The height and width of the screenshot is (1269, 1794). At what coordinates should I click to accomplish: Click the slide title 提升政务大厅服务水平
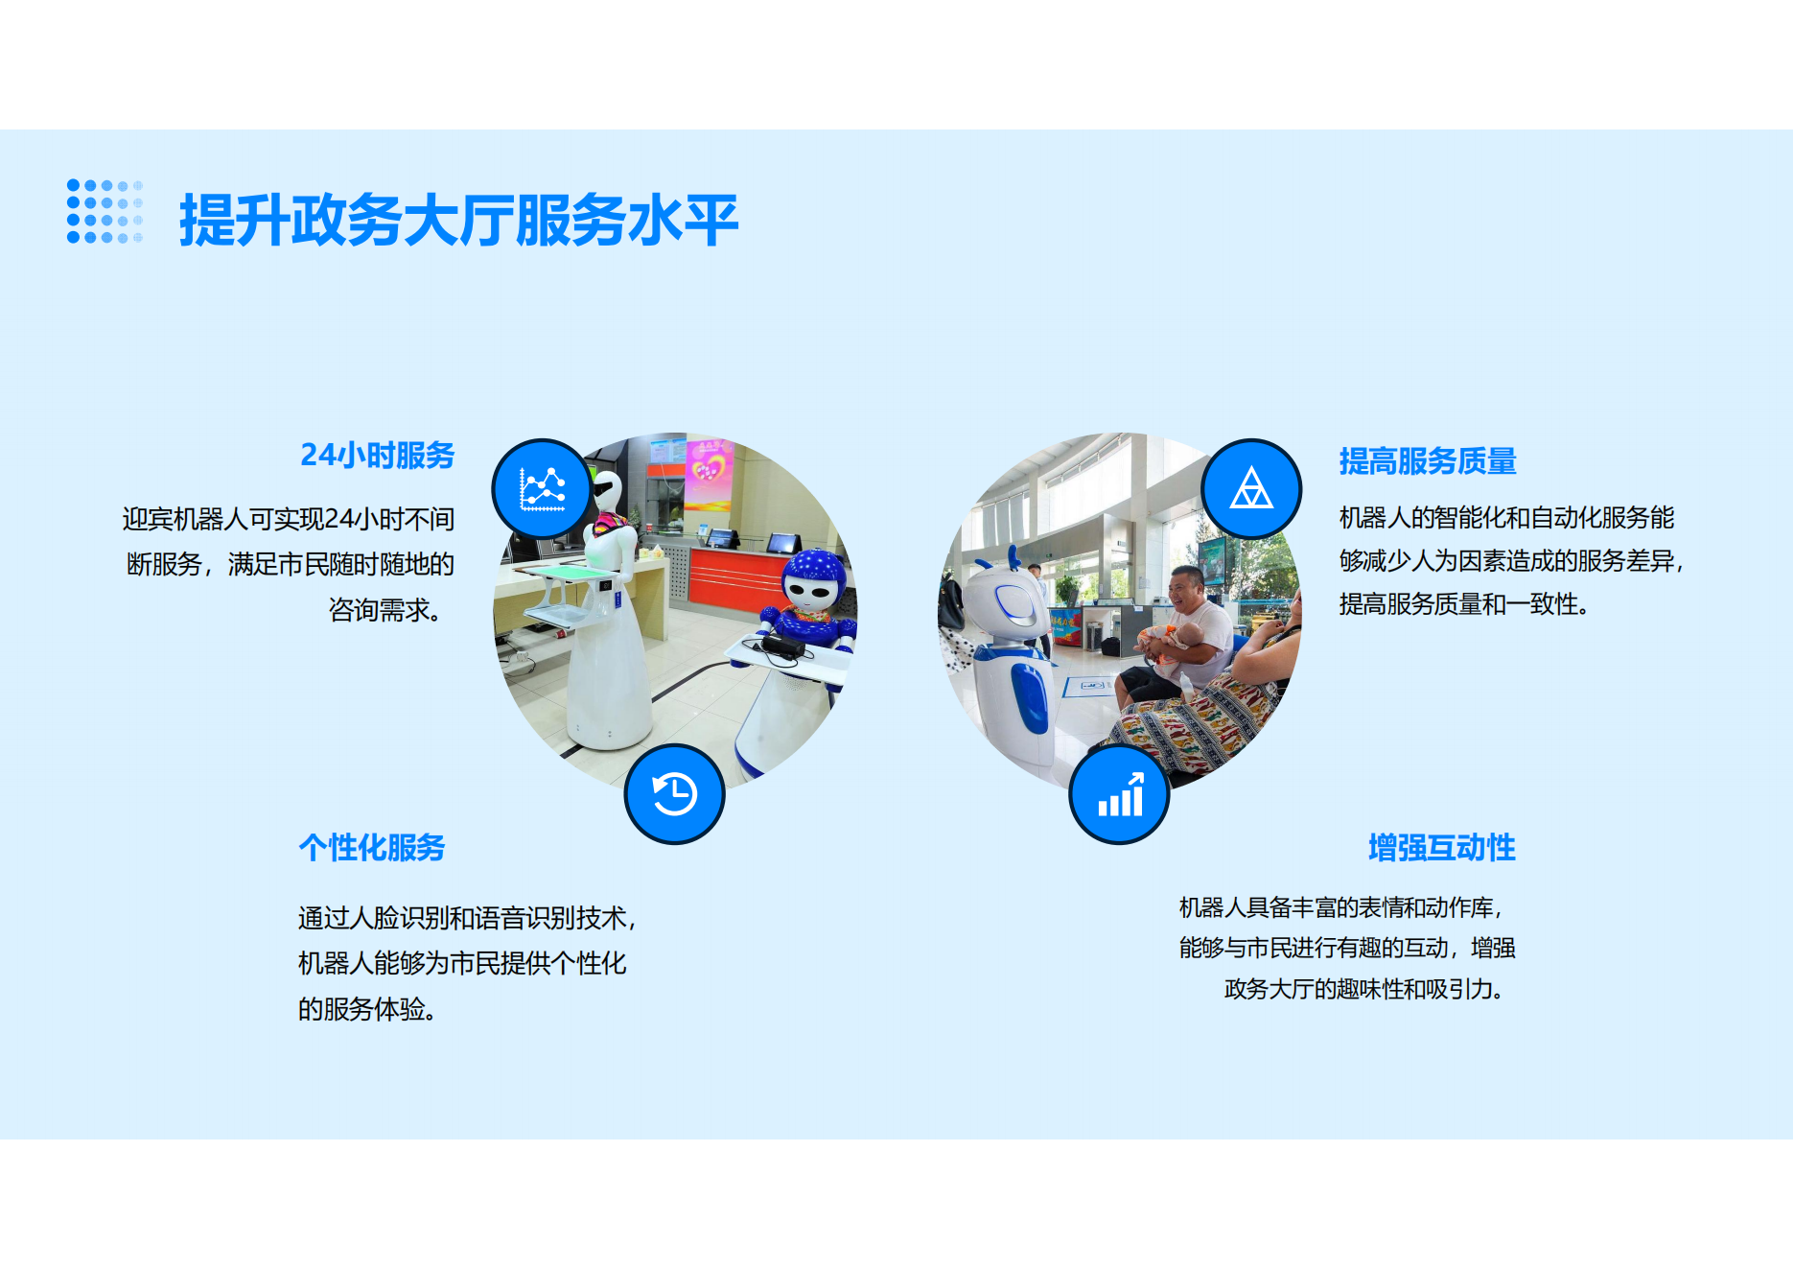[458, 220]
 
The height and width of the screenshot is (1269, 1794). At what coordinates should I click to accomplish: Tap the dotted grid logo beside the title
[105, 211]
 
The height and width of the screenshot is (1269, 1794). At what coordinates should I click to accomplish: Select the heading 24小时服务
[378, 455]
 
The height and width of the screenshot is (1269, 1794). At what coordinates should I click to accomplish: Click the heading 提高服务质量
[1428, 461]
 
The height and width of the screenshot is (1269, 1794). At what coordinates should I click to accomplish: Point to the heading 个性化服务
[372, 848]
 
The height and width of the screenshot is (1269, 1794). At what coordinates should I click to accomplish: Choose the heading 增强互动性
[1442, 848]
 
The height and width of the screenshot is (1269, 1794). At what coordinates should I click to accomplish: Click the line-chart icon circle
[542, 489]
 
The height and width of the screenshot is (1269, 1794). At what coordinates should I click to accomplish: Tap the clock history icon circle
[674, 794]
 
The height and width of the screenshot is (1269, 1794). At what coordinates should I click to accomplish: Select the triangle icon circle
[1251, 489]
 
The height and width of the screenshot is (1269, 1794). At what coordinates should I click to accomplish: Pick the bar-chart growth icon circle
[1119, 794]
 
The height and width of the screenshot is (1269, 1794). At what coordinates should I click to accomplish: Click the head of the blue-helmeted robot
[813, 580]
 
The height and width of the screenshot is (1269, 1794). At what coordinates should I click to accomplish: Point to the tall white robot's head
[608, 491]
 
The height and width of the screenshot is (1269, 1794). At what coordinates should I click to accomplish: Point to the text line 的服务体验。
[367, 1009]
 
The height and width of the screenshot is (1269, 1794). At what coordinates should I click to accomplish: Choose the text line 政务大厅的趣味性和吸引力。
[1364, 989]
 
